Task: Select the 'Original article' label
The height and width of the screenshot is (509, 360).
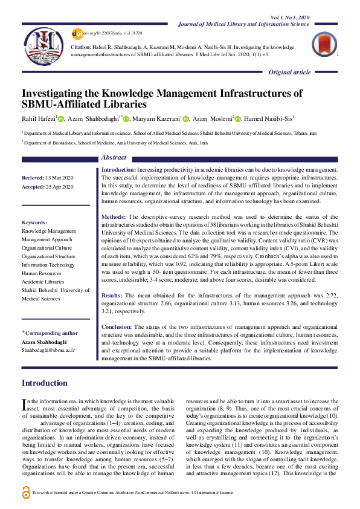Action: [x=290, y=73]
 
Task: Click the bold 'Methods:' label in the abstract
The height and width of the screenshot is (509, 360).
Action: [x=114, y=216]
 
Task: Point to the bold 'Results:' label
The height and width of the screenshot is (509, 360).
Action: [x=113, y=294]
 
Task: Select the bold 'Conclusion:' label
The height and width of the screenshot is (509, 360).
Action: [x=117, y=326]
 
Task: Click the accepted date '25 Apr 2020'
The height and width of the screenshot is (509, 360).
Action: [x=59, y=187]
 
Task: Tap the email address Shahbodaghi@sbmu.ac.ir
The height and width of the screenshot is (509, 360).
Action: [x=48, y=350]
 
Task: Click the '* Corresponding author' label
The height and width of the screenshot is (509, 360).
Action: [x=50, y=332]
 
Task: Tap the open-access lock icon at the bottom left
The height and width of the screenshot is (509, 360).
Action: [x=25, y=493]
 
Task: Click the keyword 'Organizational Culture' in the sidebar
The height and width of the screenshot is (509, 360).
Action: [x=47, y=247]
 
